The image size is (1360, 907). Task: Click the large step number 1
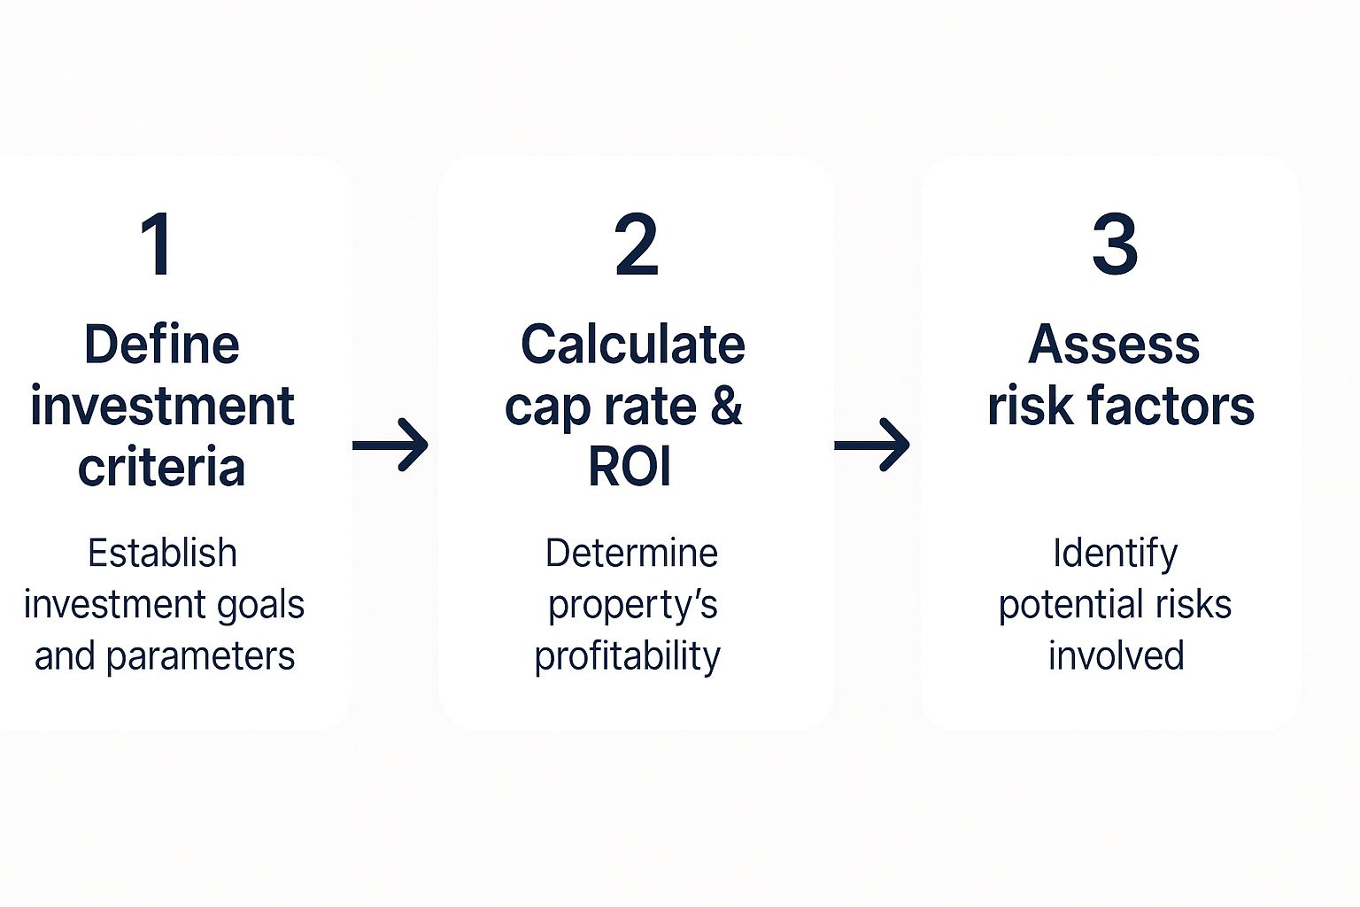(x=158, y=244)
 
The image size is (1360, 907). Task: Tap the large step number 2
(x=636, y=244)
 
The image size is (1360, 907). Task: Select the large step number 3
(x=1115, y=244)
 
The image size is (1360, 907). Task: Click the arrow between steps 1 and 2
(x=390, y=445)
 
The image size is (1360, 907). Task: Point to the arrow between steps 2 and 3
(x=872, y=445)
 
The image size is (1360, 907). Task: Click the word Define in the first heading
(x=162, y=344)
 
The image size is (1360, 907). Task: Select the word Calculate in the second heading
(x=633, y=344)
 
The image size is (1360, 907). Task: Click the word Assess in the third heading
(x=1114, y=344)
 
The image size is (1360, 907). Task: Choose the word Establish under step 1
(x=162, y=553)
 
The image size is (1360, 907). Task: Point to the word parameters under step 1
(x=200, y=657)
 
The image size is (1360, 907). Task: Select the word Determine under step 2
(x=631, y=553)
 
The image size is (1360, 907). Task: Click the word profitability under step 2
(x=627, y=656)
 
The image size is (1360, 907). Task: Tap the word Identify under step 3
(x=1116, y=554)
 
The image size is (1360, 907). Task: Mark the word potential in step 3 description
(x=1068, y=605)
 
